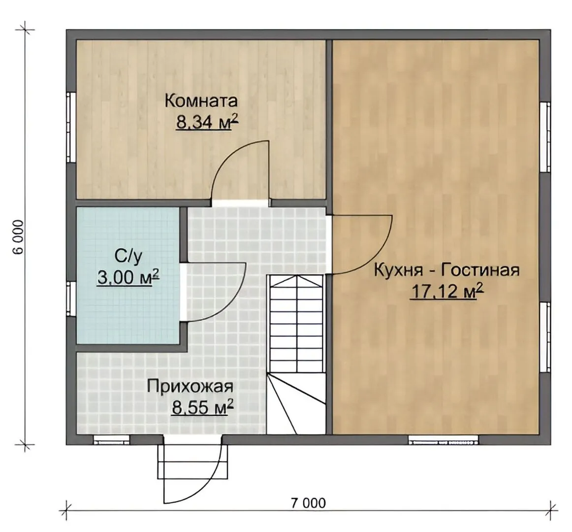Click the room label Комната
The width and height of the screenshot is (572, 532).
201,101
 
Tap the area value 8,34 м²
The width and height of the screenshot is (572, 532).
207,123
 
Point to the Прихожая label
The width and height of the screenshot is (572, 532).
190,387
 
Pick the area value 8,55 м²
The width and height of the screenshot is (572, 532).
202,407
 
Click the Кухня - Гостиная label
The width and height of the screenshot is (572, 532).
447,271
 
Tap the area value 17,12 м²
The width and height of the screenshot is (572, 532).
447,292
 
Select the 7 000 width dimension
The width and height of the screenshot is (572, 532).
308,503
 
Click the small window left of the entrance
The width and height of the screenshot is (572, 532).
111,440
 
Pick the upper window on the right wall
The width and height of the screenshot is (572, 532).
544,137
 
